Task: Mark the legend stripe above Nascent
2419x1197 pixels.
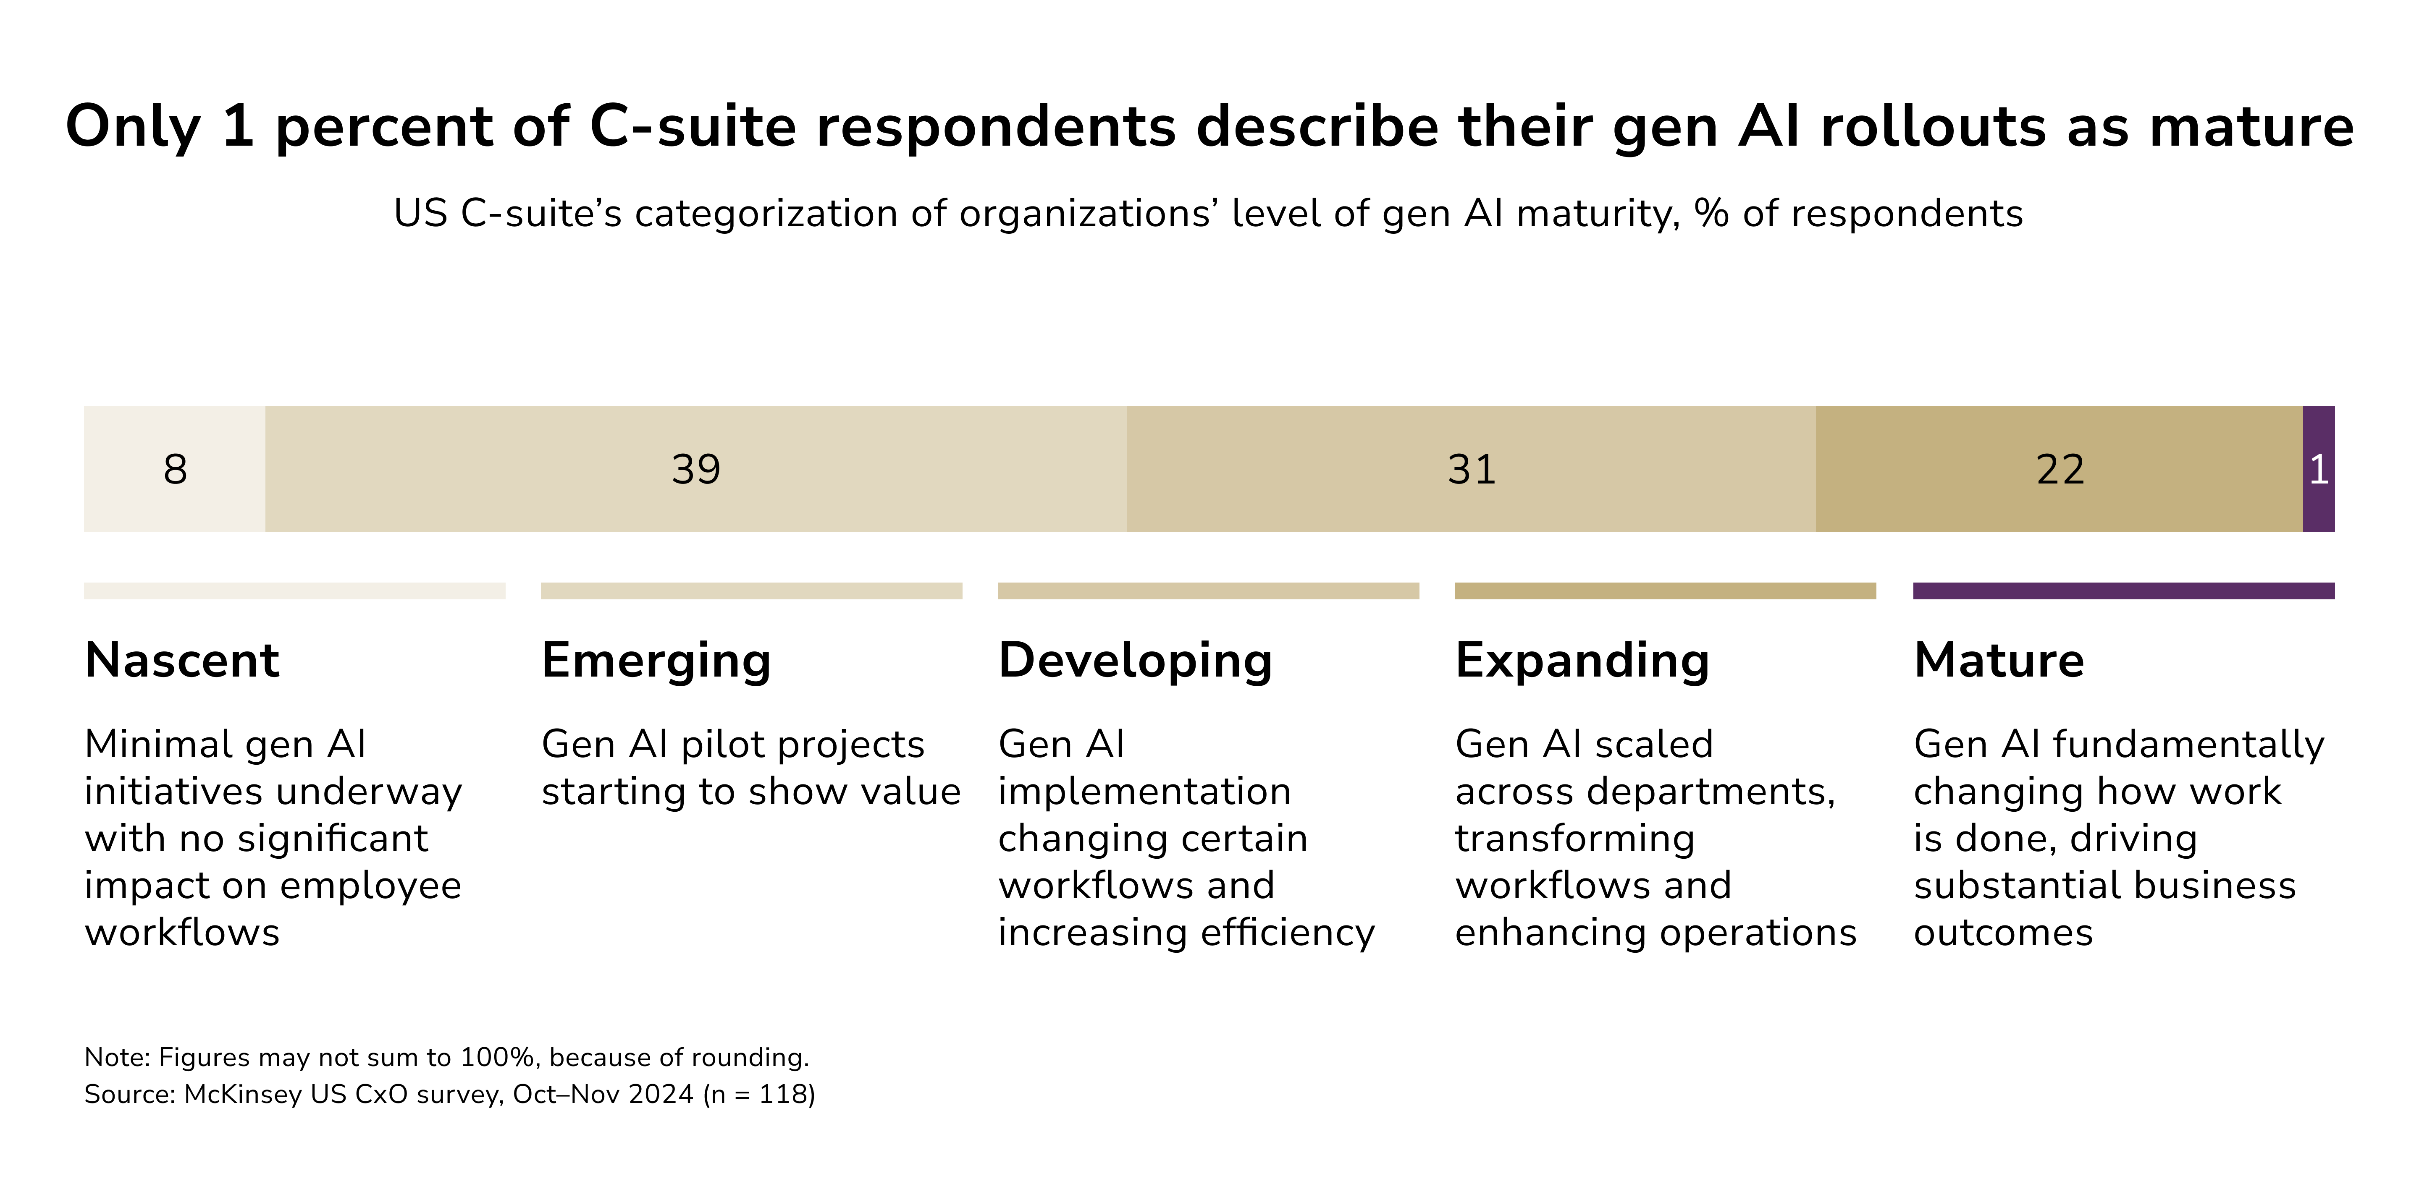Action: point(294,591)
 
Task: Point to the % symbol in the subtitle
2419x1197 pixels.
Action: point(1711,214)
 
